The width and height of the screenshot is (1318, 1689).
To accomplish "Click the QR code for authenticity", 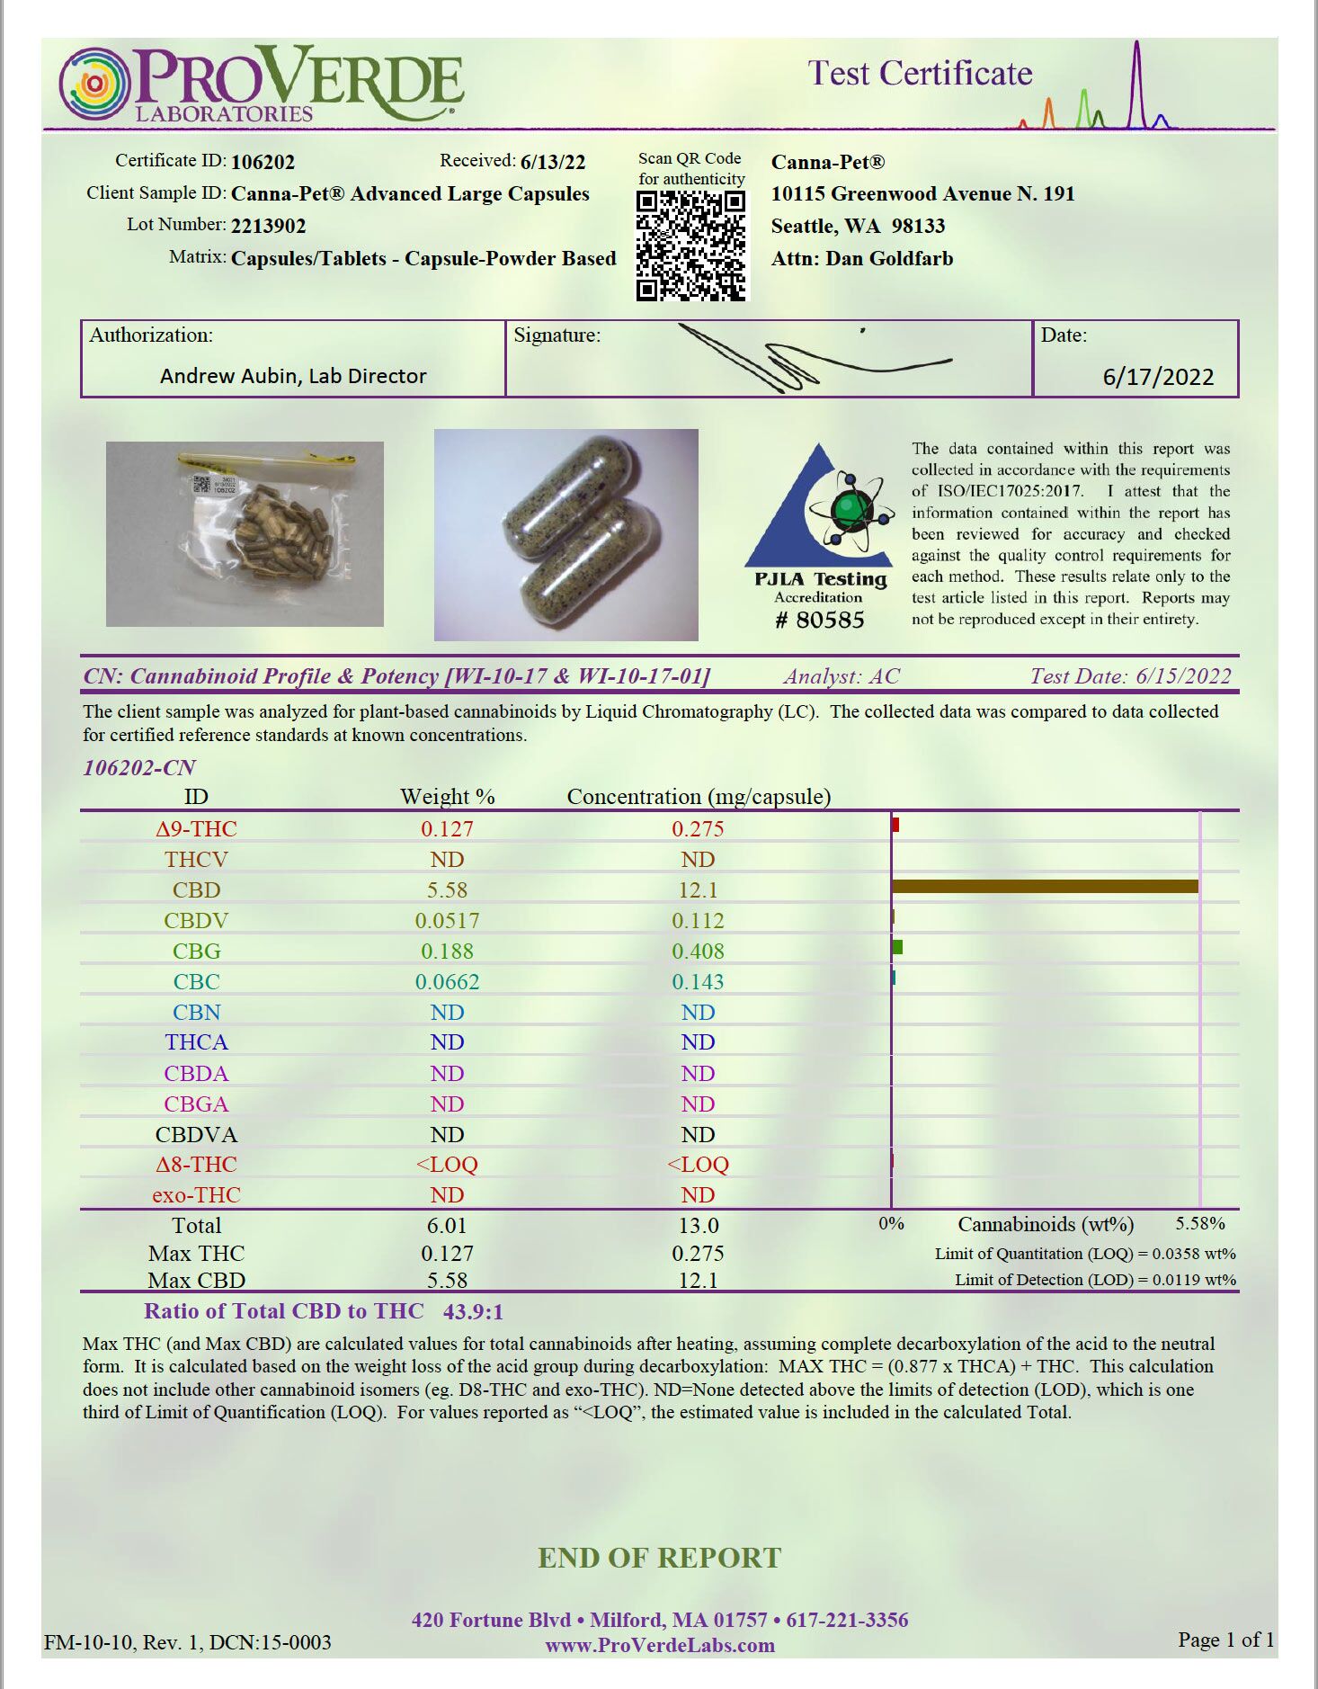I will (690, 246).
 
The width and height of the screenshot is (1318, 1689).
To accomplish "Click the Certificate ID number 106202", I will (263, 162).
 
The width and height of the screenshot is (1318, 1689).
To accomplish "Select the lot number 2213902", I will (268, 226).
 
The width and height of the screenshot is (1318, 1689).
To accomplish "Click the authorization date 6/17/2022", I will (1158, 376).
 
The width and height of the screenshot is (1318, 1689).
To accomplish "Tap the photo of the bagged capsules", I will (245, 533).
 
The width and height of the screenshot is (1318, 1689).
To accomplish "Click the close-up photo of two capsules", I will (565, 534).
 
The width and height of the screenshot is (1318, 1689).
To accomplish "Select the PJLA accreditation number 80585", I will (819, 620).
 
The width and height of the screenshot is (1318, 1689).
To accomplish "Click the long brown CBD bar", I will (1044, 887).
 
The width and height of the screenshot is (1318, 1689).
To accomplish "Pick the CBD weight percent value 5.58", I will (447, 890).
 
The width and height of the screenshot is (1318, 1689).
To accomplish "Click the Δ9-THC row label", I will (196, 829).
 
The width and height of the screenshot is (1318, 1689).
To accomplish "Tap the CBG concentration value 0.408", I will (698, 952).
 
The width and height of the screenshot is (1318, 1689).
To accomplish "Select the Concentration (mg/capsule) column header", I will (699, 797).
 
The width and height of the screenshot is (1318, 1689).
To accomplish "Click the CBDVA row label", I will (196, 1135).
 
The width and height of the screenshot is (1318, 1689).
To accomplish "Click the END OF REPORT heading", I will (659, 1558).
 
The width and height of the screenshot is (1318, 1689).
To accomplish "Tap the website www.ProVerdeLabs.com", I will (659, 1646).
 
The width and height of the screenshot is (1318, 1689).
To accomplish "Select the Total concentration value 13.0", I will (698, 1226).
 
